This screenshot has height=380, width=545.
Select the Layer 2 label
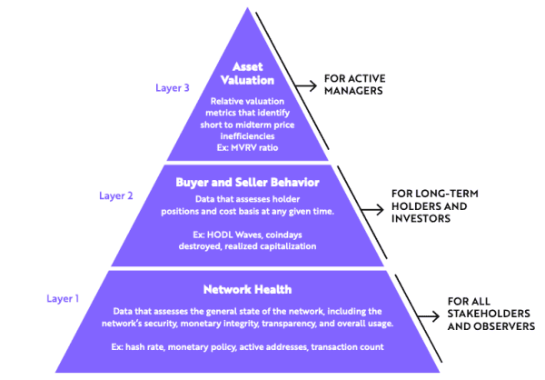(116, 195)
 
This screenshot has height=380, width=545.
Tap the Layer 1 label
(64, 297)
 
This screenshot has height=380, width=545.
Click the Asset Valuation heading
(246, 74)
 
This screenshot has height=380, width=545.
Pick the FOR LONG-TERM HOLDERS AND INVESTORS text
(434, 207)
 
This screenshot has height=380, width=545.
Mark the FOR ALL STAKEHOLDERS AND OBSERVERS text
(487, 314)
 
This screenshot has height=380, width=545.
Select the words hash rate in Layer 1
(163, 348)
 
